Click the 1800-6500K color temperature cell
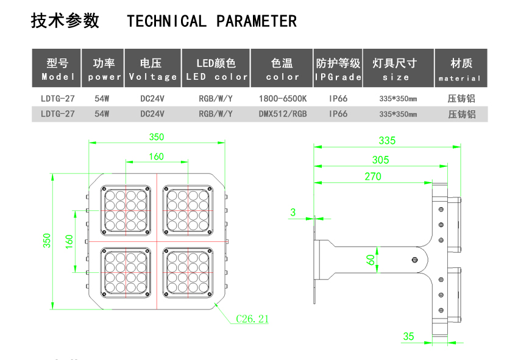[282, 98]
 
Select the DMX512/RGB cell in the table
[282, 114]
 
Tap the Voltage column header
[153, 69]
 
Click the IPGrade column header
[338, 69]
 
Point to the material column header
[461, 69]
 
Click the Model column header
[57, 69]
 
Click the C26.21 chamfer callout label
[252, 319]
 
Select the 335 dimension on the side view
[387, 141]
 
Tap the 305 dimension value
[380, 160]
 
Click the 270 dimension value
[373, 177]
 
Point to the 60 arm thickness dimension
[371, 259]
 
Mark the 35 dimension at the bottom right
[408, 336]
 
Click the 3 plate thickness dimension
[293, 212]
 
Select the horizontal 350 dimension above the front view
[157, 137]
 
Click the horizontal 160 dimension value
[157, 157]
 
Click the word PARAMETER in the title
[257, 21]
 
